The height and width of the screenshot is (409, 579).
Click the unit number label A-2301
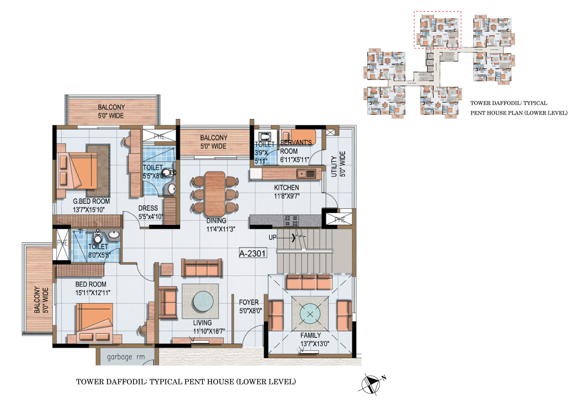[x=252, y=253]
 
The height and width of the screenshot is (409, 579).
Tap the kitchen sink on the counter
[x=306, y=174]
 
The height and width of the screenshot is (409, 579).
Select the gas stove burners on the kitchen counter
[x=291, y=221]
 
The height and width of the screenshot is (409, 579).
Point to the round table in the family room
[x=310, y=314]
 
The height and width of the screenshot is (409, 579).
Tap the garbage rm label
[x=126, y=357]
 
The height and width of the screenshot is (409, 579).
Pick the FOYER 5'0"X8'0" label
[x=250, y=306]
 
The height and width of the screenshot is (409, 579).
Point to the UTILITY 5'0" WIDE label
[x=338, y=164]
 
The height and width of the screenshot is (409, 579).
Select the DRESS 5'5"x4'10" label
[x=150, y=212]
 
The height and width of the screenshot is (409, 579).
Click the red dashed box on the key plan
[x=437, y=29]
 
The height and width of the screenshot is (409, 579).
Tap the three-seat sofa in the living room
[x=202, y=268]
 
